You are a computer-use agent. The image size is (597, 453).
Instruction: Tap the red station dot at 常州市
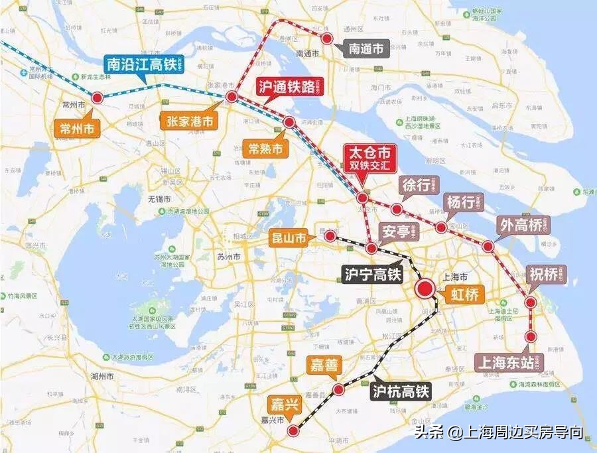click(97, 97)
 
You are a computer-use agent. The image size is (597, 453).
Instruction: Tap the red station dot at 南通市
click(326, 38)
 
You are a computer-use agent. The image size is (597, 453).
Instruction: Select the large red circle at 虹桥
click(425, 289)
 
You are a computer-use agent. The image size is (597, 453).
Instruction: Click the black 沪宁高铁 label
click(372, 274)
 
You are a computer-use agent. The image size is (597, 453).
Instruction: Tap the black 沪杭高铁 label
click(401, 391)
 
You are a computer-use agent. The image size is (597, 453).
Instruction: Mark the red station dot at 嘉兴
click(293, 432)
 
